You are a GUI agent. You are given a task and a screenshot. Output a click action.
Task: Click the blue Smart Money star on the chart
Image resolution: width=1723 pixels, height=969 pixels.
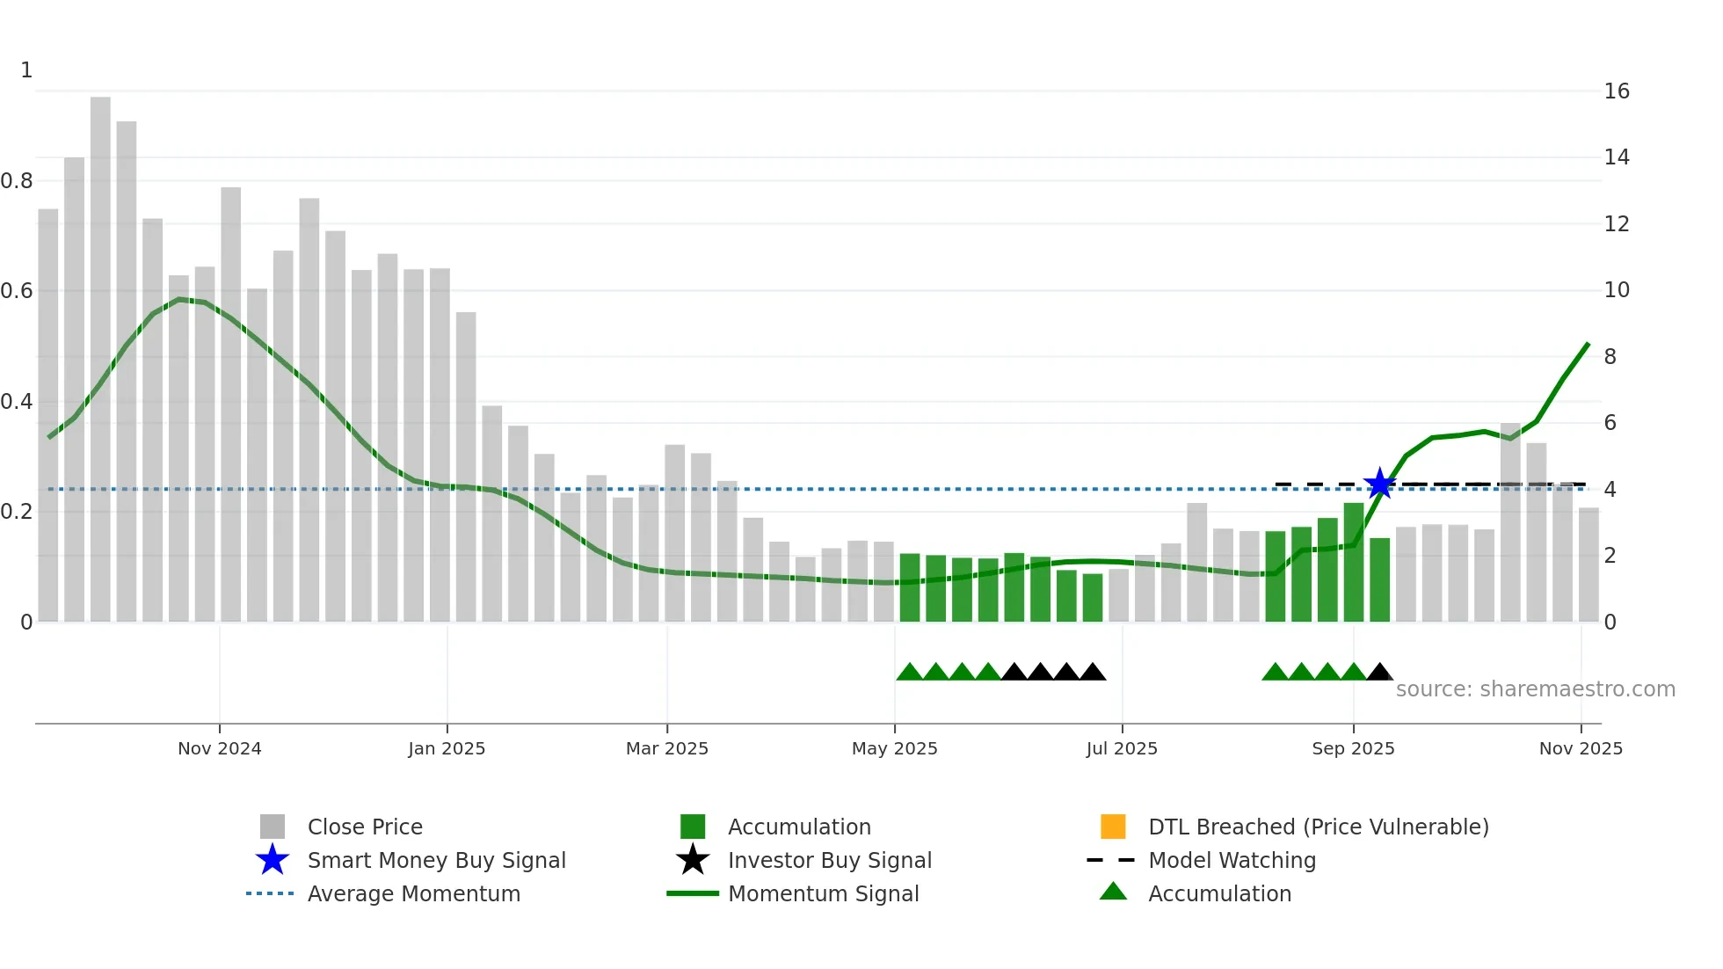coord(1379,484)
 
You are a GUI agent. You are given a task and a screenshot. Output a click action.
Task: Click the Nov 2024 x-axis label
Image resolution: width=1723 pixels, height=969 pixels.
coord(220,748)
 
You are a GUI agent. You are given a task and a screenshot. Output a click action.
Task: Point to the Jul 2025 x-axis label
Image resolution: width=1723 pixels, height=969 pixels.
coord(1122,748)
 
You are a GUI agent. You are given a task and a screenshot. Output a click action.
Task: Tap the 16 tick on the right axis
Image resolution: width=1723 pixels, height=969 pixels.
coord(1617,91)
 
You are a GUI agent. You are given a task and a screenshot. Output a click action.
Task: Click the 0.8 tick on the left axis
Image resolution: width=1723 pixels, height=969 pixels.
coord(17,181)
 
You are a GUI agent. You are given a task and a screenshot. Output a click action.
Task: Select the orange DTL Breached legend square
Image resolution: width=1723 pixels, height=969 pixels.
coord(1113,827)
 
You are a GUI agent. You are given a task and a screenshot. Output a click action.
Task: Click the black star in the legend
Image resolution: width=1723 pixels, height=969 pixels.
coord(693,860)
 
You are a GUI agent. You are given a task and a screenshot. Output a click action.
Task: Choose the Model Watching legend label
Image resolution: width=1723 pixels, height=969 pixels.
coord(1232,860)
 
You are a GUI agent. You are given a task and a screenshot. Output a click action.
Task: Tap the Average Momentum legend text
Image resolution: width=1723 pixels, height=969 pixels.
coord(413,893)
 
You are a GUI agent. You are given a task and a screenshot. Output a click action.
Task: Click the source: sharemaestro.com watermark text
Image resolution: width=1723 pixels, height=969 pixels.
coord(1535,689)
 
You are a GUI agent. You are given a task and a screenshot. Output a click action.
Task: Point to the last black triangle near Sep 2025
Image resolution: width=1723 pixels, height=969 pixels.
coord(1379,673)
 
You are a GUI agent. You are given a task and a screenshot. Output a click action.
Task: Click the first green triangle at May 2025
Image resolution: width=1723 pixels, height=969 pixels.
coord(909,673)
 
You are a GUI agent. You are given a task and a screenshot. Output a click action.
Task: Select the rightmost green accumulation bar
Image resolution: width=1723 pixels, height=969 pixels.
coord(1379,580)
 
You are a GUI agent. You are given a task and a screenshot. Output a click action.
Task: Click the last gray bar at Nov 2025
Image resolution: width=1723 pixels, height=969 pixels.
coord(1589,565)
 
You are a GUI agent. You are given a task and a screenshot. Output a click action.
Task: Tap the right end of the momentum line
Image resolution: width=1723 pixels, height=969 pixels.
coord(1588,345)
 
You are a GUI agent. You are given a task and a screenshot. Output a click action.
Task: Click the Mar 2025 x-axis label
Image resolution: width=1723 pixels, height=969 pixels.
coord(667,748)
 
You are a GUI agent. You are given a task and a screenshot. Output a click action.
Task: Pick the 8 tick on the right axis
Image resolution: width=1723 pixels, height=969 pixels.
coord(1610,357)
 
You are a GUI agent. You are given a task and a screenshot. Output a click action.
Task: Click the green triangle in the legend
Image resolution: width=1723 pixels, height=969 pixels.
coord(1113,892)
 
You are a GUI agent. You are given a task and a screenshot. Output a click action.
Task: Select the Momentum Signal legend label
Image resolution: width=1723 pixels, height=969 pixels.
coord(823,893)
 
